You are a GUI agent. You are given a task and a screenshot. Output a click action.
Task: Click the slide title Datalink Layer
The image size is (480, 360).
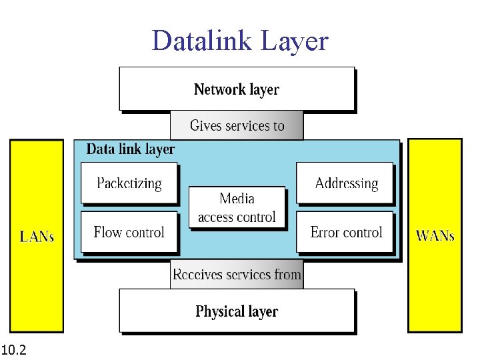click(240, 41)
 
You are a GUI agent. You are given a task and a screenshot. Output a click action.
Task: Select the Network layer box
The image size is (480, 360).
click(237, 89)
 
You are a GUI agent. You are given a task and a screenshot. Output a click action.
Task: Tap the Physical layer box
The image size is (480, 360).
click(237, 311)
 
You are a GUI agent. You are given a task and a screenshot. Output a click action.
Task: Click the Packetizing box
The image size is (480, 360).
click(129, 183)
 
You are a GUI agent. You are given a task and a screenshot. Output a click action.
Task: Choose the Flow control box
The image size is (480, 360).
click(129, 232)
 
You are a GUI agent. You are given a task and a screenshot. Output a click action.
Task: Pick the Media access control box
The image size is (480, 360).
click(237, 207)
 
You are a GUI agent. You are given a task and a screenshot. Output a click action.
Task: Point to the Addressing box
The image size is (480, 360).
click(345, 183)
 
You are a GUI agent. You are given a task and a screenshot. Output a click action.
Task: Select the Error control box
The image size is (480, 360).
click(345, 232)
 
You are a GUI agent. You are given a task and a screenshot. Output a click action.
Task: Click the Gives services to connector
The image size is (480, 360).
click(237, 125)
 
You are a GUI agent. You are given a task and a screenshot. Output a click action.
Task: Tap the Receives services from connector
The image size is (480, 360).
click(237, 274)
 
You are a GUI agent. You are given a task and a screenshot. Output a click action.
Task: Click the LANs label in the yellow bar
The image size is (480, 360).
click(37, 236)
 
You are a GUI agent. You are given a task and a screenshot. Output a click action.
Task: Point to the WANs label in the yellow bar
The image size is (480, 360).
click(435, 236)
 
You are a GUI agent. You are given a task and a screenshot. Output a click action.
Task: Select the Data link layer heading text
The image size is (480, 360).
click(131, 149)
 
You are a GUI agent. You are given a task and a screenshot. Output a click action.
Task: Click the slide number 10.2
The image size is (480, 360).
click(14, 349)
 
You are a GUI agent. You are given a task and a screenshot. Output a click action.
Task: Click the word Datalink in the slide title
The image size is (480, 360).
click(201, 41)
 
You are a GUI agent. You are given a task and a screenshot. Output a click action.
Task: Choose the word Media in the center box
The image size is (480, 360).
click(237, 199)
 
